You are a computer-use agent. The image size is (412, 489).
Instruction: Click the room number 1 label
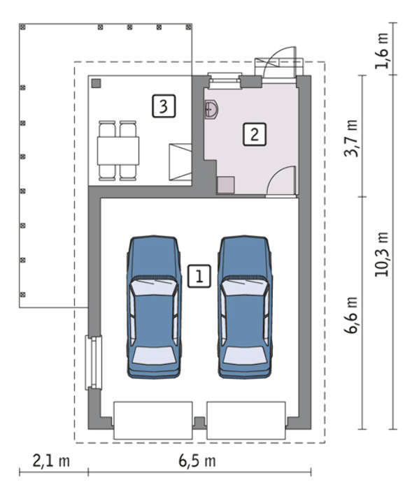click(199, 276)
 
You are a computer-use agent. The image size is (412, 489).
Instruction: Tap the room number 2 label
click(255, 134)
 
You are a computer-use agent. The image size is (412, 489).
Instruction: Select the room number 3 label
click(164, 106)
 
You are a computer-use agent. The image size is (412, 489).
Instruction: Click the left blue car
click(154, 307)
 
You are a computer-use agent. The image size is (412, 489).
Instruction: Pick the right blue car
click(245, 307)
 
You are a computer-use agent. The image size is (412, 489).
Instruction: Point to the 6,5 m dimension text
click(197, 461)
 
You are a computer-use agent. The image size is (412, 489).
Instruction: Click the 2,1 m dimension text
click(51, 461)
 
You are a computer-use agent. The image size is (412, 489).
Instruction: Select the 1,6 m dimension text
click(382, 50)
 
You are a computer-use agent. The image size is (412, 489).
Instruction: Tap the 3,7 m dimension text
click(351, 138)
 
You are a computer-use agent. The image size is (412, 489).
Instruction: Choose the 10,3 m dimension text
click(382, 254)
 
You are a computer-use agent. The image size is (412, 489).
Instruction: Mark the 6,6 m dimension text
click(351, 315)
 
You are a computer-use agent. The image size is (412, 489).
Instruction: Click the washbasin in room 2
click(211, 110)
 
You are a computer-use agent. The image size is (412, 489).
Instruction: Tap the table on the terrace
click(118, 151)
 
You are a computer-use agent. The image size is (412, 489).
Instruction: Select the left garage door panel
click(152, 421)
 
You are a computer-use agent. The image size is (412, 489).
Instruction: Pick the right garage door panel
click(246, 421)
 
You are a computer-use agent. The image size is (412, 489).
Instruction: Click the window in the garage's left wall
click(94, 363)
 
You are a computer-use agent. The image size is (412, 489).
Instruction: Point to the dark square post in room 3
click(97, 83)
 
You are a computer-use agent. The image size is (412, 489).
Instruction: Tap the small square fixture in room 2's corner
click(225, 185)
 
